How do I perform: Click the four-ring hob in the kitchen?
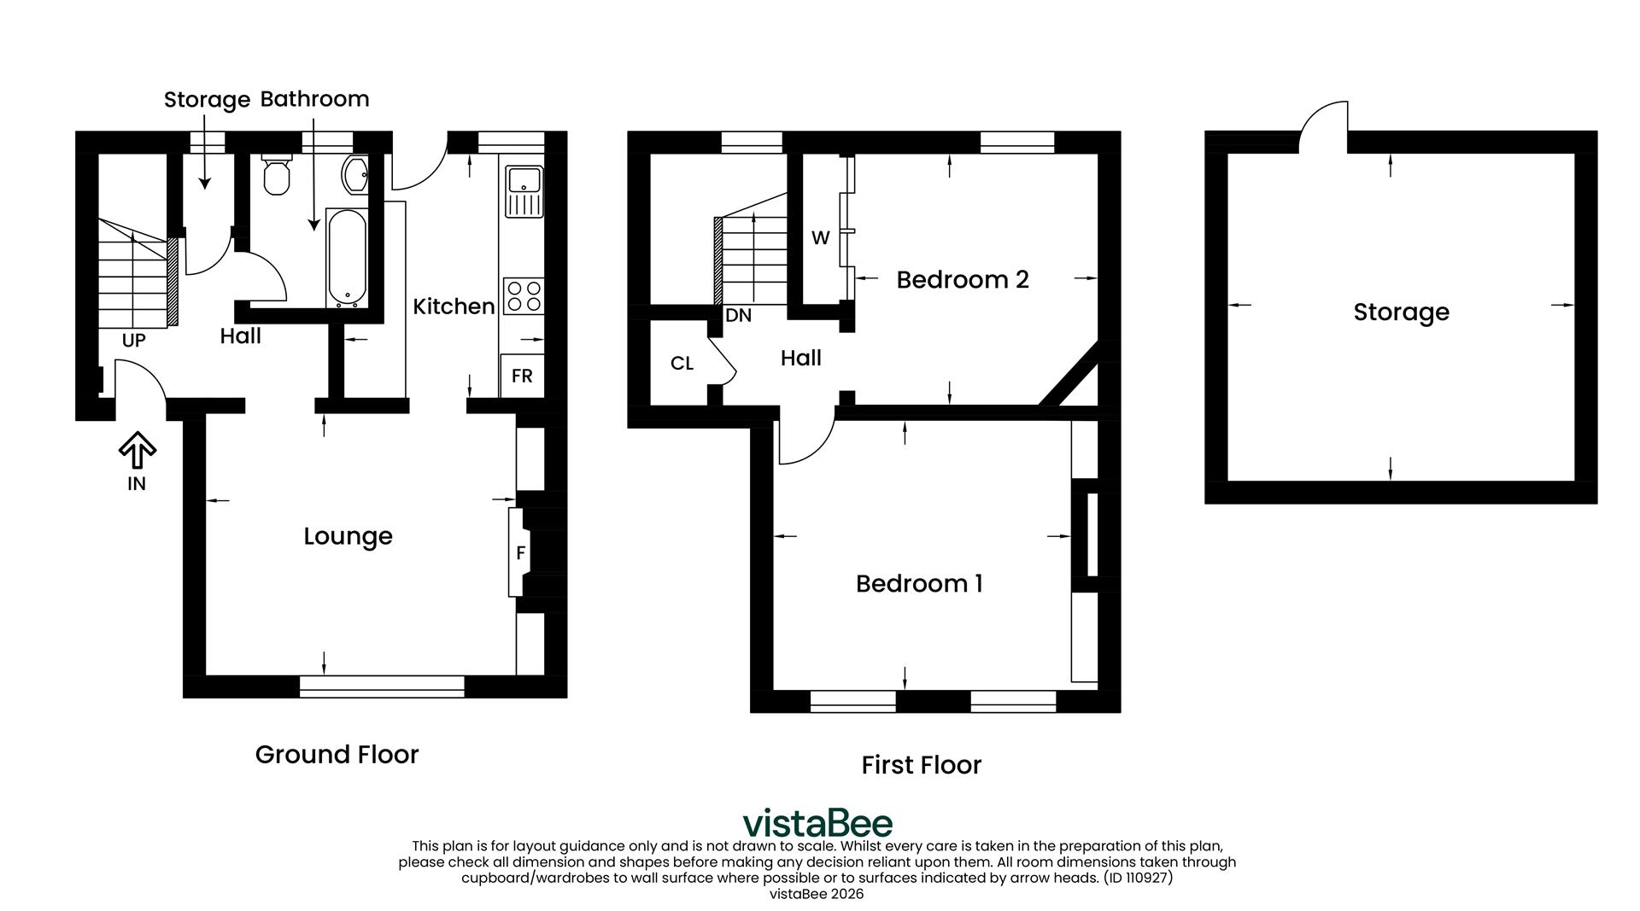(x=524, y=295)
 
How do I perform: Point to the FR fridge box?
(x=522, y=376)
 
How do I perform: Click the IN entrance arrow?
(x=137, y=452)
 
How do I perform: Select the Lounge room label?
(x=348, y=536)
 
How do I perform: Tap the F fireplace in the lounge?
(x=520, y=552)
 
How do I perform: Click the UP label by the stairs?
(x=133, y=341)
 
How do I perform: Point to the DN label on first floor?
(x=738, y=316)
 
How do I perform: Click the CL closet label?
(x=682, y=364)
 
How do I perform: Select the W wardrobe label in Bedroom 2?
(x=820, y=238)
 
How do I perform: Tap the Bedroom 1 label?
(x=919, y=584)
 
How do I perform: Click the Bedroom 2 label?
(x=962, y=280)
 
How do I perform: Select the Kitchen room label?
(x=454, y=307)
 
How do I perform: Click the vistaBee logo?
(x=817, y=823)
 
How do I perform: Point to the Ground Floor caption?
(x=337, y=755)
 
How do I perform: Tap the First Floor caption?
(x=921, y=765)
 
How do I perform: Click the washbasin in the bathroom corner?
(x=354, y=174)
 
